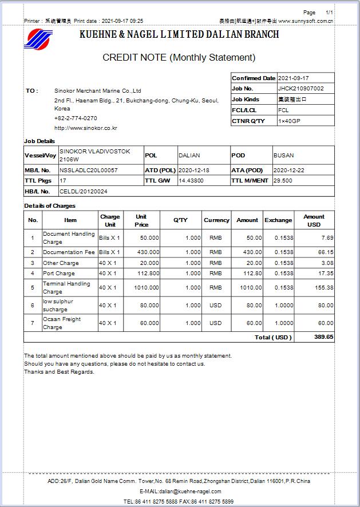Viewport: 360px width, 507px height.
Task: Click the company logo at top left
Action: [38, 39]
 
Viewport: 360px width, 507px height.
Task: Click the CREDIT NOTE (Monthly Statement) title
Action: [179, 57]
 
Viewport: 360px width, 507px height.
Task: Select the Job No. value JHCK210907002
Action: [300, 89]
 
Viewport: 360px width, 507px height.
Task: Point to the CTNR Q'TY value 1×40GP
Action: [290, 121]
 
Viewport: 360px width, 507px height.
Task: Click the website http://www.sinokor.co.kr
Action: [86, 128]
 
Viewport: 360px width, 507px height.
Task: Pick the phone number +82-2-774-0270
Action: [76, 118]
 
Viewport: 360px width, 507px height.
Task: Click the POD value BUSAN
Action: [283, 156]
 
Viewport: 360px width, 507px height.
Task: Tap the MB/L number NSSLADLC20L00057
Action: [89, 171]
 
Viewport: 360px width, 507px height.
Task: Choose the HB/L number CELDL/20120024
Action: [84, 191]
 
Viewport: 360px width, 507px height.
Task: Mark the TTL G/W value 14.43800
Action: [191, 181]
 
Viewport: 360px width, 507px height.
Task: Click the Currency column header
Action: [216, 220]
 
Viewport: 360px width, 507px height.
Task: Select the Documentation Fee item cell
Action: [69, 252]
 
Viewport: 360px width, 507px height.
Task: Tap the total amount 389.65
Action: [323, 338]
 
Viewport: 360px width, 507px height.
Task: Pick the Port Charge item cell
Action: [59, 274]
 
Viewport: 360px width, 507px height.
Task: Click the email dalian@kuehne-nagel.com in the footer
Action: [180, 492]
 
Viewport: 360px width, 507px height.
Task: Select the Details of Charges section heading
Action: [50, 206]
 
